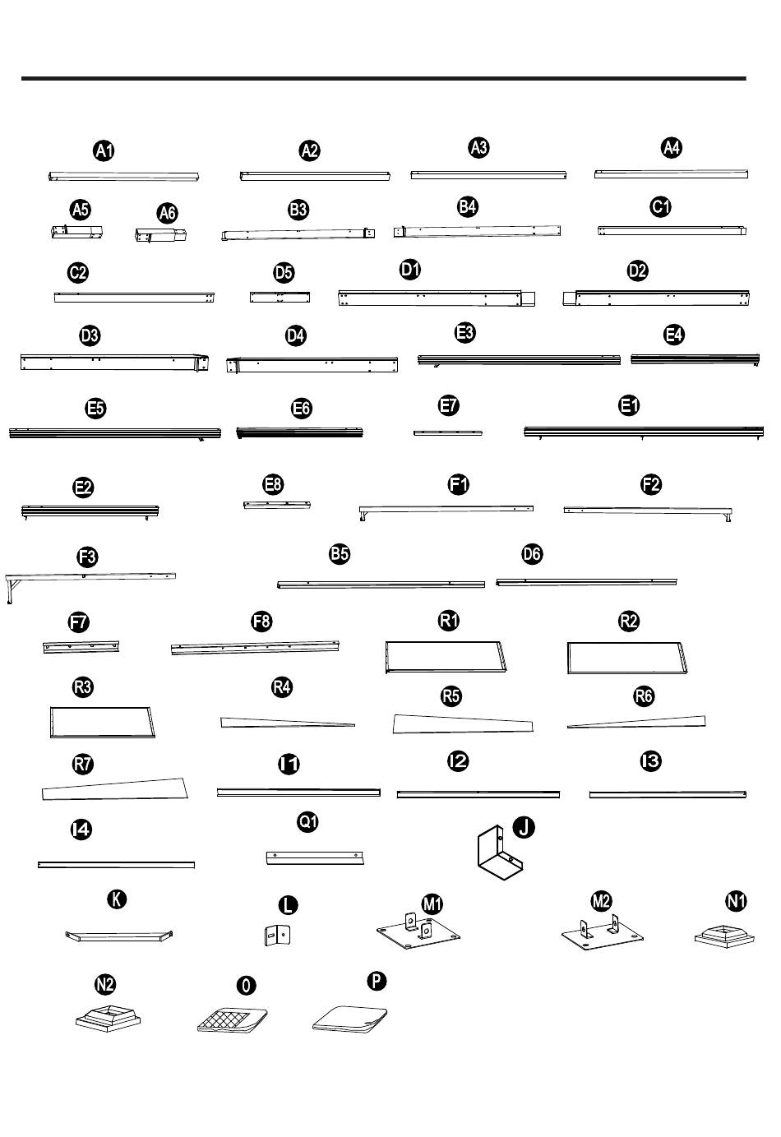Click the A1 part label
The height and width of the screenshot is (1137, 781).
pos(104,150)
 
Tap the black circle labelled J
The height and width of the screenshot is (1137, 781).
pos(524,827)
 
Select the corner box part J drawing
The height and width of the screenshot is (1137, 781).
pos(500,853)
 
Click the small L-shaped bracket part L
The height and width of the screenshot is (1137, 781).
pos(277,935)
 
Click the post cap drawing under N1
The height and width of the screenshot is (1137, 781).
pos(724,936)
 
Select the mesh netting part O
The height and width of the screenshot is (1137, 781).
pos(233,1019)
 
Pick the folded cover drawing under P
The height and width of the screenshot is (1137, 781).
pos(349,1019)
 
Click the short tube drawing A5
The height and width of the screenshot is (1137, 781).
pos(76,232)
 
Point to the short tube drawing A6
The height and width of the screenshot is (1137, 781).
pos(161,235)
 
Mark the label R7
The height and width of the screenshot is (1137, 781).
pos(83,764)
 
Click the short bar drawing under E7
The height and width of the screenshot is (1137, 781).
pos(448,433)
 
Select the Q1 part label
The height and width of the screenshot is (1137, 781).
pos(307,821)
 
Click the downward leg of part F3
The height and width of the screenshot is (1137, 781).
pos(10,591)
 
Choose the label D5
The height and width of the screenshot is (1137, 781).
pos(284,273)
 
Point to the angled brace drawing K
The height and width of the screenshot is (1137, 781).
pos(118,936)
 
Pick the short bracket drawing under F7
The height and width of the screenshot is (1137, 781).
pos(81,647)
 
